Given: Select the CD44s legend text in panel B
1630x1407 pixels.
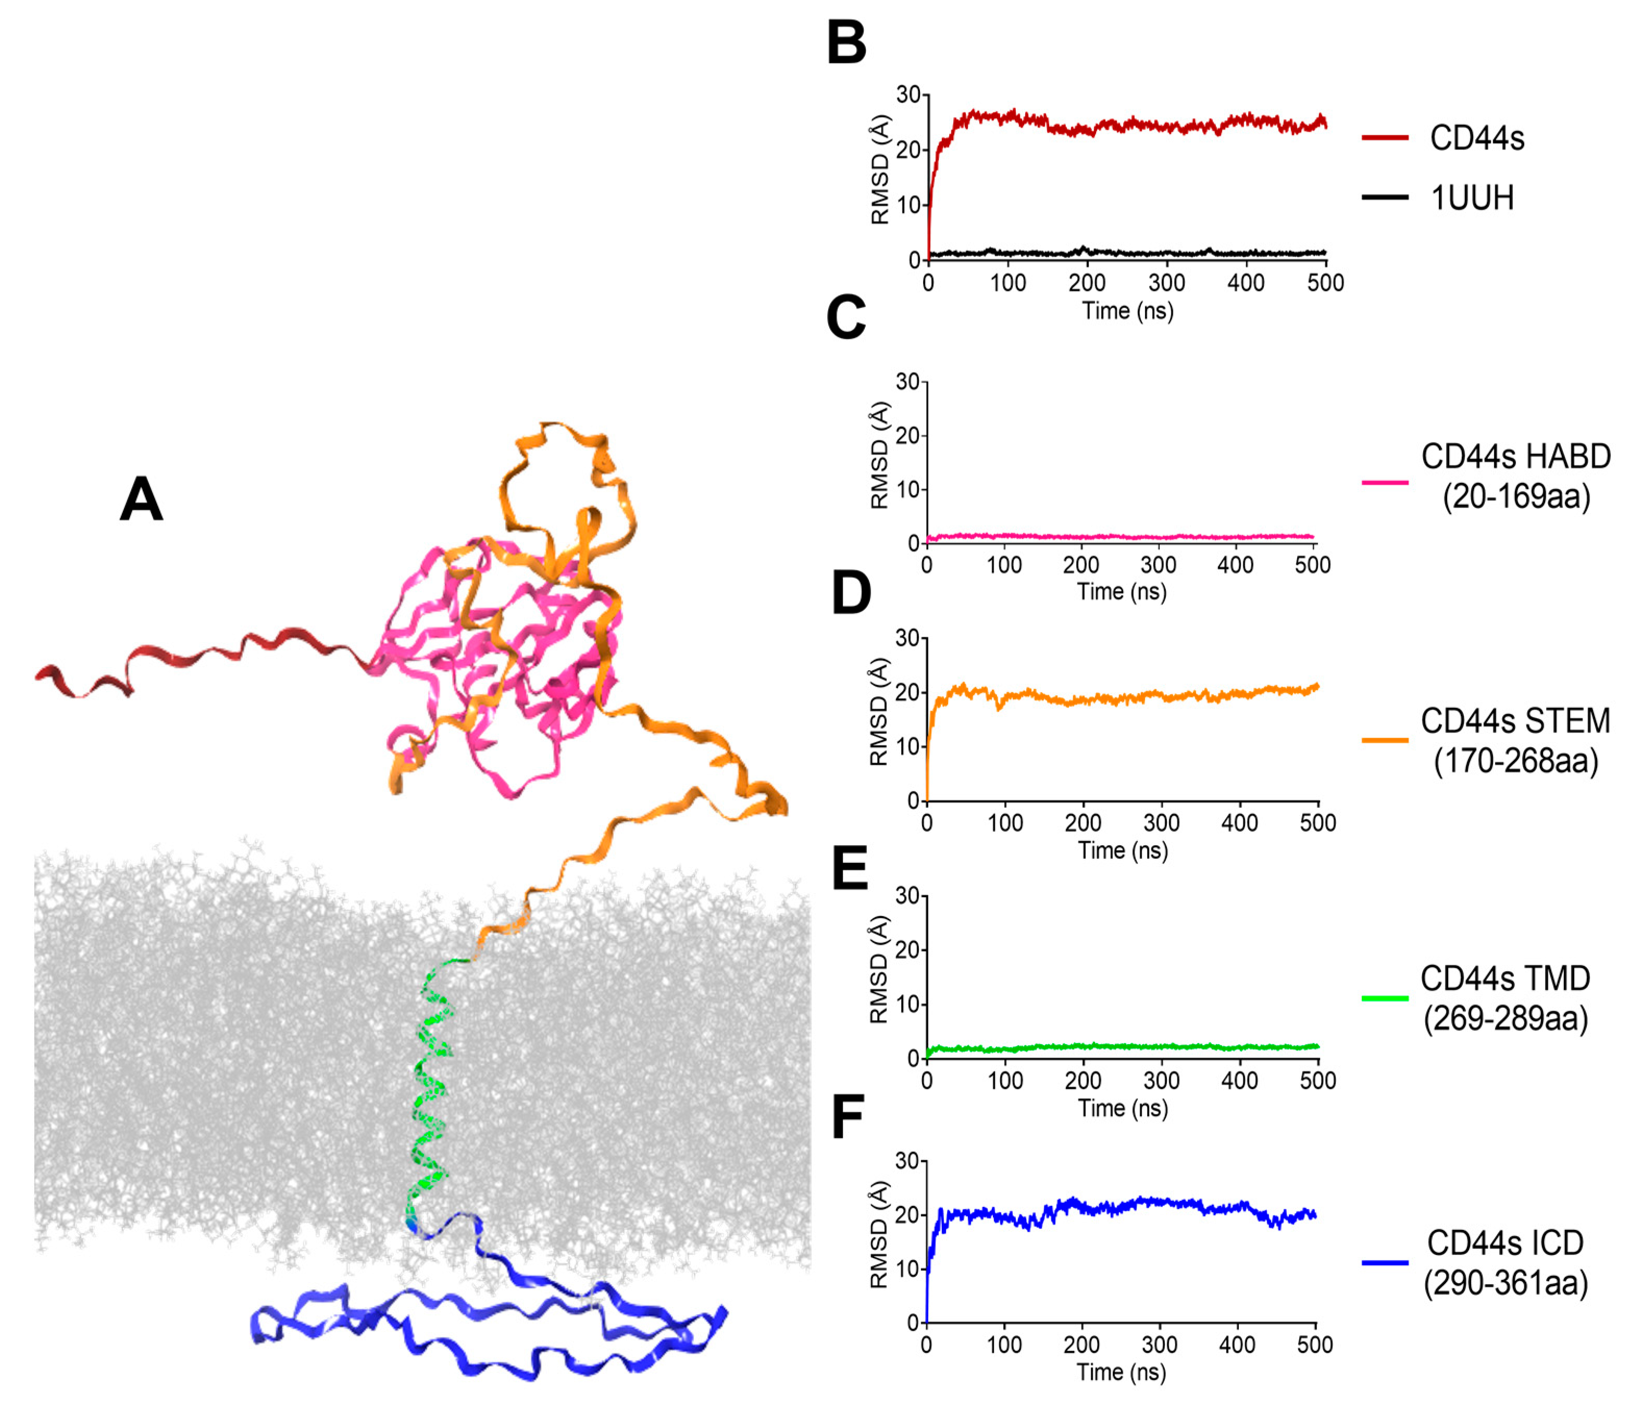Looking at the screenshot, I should [x=1477, y=139].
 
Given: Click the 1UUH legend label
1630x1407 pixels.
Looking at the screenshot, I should [x=1471, y=197].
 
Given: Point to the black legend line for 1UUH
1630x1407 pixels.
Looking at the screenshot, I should [x=1385, y=197].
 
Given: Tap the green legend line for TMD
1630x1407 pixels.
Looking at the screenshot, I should [x=1385, y=998].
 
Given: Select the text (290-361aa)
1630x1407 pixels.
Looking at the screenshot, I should [x=1505, y=1284].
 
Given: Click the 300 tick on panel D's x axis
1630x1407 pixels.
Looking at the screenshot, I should [x=1161, y=823].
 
